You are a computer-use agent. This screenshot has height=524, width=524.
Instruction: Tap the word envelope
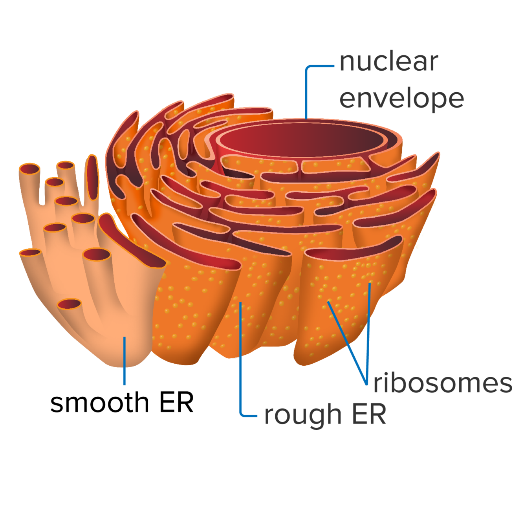point(401,99)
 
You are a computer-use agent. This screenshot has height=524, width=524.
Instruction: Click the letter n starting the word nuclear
point(347,63)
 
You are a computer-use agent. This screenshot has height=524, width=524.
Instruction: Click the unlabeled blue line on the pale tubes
point(124,361)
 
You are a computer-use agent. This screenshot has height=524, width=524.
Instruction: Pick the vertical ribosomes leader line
point(369,334)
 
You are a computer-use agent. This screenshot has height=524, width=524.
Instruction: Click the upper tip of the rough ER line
point(240,303)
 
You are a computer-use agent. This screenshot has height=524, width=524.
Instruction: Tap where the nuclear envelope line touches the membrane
point(306,118)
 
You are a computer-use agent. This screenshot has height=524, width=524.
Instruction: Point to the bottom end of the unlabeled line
point(124,385)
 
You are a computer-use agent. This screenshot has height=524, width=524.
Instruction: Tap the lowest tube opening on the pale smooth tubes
point(70,304)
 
